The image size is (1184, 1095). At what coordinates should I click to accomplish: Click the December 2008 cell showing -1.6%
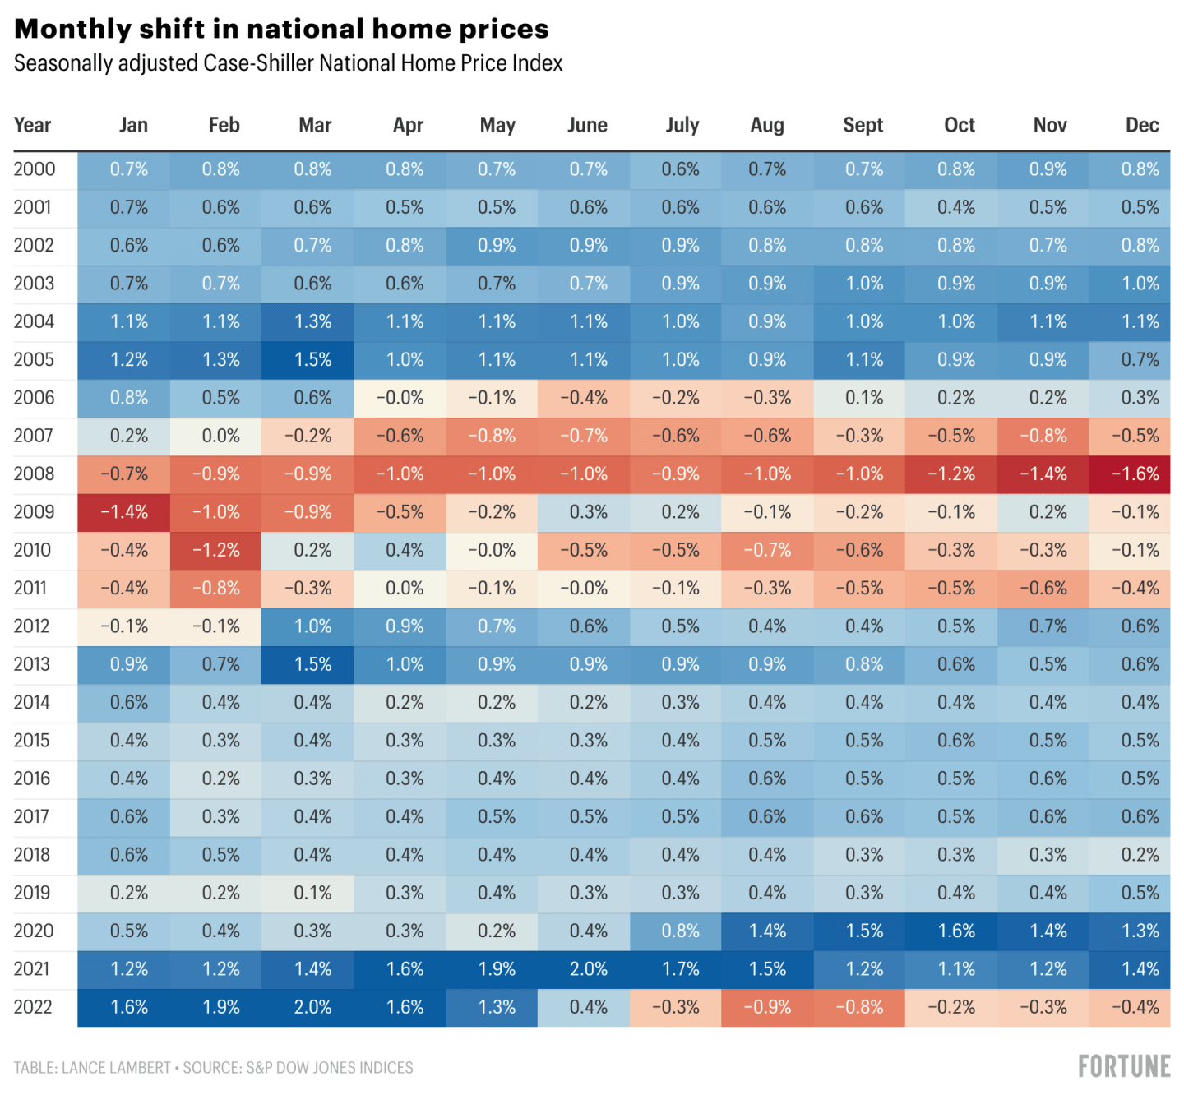point(1135,474)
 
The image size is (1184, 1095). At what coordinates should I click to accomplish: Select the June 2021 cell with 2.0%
point(589,969)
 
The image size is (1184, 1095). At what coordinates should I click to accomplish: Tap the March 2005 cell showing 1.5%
point(313,360)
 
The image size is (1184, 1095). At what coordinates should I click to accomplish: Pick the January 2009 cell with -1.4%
point(124,512)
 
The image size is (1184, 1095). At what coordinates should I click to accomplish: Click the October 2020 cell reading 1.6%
point(956,931)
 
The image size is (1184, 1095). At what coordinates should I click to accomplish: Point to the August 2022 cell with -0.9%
point(767,1007)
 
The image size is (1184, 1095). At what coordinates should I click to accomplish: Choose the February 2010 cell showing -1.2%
point(216,550)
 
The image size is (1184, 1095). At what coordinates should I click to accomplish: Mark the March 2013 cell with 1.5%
point(313,664)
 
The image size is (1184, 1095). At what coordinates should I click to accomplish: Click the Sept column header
point(863,125)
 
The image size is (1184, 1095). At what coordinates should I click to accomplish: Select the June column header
point(587,125)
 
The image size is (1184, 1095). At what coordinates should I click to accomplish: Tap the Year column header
point(32,125)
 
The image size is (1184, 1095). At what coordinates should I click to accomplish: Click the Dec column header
point(1142,125)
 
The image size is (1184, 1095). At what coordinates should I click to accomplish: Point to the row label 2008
point(34,474)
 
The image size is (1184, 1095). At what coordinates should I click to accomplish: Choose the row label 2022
point(33,1007)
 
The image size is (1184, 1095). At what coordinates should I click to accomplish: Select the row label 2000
point(35,169)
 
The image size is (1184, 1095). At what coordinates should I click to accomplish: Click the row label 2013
point(32,664)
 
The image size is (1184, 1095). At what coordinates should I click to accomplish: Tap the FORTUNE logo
point(1124,1066)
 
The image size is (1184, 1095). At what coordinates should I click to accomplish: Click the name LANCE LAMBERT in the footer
point(116,1068)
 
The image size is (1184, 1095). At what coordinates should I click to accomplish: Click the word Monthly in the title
point(73,29)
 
